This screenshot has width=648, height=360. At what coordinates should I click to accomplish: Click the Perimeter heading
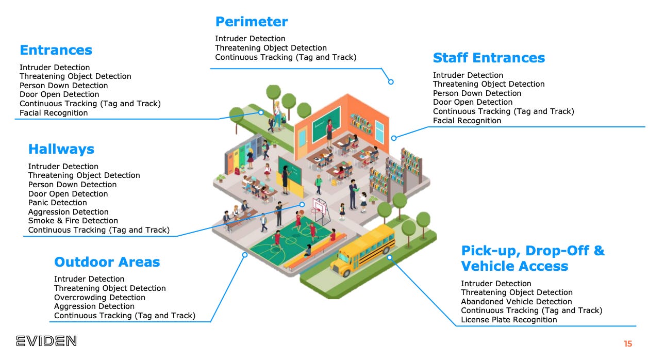coord(251,22)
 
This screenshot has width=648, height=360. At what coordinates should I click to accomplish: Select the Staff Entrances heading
coord(489,58)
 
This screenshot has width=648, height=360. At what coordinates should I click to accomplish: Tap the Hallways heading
coord(61,149)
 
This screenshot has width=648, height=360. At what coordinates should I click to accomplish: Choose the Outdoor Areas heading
coord(107,262)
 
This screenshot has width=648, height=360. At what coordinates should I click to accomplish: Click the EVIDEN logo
coord(46,340)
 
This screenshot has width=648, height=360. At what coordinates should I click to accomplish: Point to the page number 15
coord(627,343)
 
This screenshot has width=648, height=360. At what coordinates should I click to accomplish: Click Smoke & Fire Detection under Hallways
coord(73,221)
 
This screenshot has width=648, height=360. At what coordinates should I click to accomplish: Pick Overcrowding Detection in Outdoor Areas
coord(99,298)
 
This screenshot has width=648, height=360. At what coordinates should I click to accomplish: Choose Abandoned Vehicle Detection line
coord(516,302)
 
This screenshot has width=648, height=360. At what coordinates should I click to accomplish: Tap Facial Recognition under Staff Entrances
coord(467,121)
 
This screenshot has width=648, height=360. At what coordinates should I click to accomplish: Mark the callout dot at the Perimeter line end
coord(391,81)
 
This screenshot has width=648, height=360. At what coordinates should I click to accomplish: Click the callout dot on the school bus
coord(390,257)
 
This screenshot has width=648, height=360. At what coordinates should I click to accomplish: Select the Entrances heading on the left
coord(56,50)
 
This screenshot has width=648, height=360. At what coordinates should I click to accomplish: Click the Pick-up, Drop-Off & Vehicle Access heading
coord(533,258)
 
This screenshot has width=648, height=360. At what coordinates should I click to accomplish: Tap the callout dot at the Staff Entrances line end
coord(394,138)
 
